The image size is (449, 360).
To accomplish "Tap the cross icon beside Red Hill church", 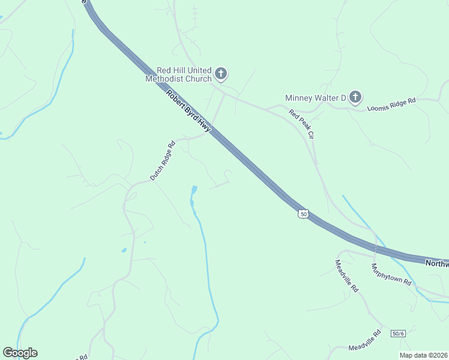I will (221, 74).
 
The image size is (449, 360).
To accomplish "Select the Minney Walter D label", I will (316, 97).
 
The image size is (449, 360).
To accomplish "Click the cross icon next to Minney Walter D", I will (355, 97).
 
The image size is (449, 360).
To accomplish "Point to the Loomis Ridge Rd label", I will (391, 105).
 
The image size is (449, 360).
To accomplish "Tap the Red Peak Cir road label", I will (301, 124).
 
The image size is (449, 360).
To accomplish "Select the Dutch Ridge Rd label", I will (162, 161).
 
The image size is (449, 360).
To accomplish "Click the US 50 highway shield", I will (304, 214).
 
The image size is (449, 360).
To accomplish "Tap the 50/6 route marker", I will (398, 334).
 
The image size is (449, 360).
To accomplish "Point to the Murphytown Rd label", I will (391, 274).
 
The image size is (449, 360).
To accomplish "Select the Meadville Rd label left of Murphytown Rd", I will (346, 275).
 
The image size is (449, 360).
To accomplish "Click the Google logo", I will (20, 353).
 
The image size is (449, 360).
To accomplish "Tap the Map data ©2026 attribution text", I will (424, 355).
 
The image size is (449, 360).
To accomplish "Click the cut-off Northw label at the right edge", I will (437, 263).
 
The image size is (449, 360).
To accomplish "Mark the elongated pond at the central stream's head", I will (193, 194).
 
